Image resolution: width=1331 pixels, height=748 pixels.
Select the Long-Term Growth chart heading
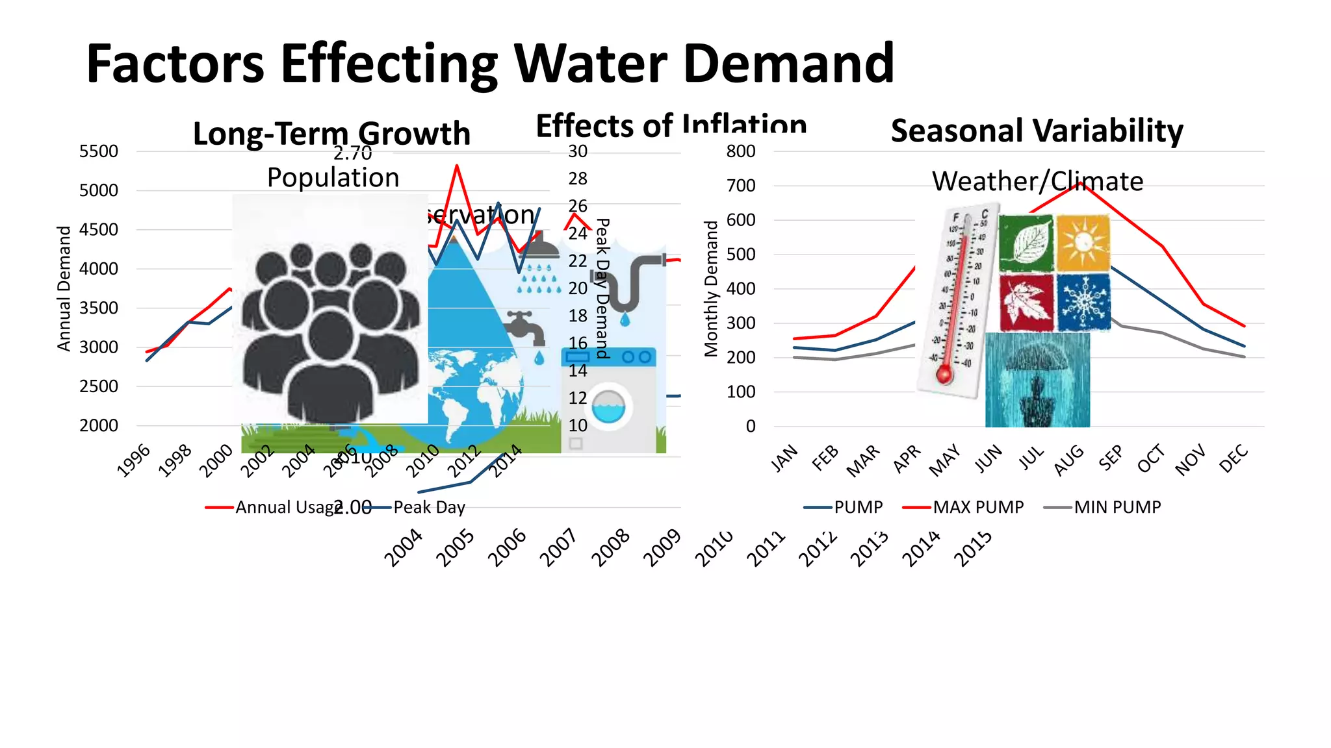pos(331,133)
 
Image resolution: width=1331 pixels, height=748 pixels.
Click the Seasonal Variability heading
pos(1037,131)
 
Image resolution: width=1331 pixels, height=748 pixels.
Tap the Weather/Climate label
pos(1037,181)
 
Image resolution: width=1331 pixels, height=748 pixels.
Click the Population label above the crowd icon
pos(333,177)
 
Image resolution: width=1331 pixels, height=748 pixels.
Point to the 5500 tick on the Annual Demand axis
pos(99,151)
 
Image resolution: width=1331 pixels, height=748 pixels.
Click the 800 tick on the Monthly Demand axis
pos(741,151)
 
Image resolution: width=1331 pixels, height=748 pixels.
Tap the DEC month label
pos(1233,458)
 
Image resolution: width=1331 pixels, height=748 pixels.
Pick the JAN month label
pos(784,458)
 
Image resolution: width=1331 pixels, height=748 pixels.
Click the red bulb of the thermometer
pos(944,375)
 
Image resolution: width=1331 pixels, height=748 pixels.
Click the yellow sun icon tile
pos(1083,243)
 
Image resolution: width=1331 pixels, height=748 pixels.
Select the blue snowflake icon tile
pos(1083,302)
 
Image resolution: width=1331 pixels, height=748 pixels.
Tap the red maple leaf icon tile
pos(1026,303)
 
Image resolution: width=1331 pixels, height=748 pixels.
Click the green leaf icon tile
pos(1026,243)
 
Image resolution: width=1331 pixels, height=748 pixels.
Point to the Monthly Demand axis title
pos(712,288)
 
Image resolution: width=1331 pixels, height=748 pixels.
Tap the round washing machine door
pos(608,407)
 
